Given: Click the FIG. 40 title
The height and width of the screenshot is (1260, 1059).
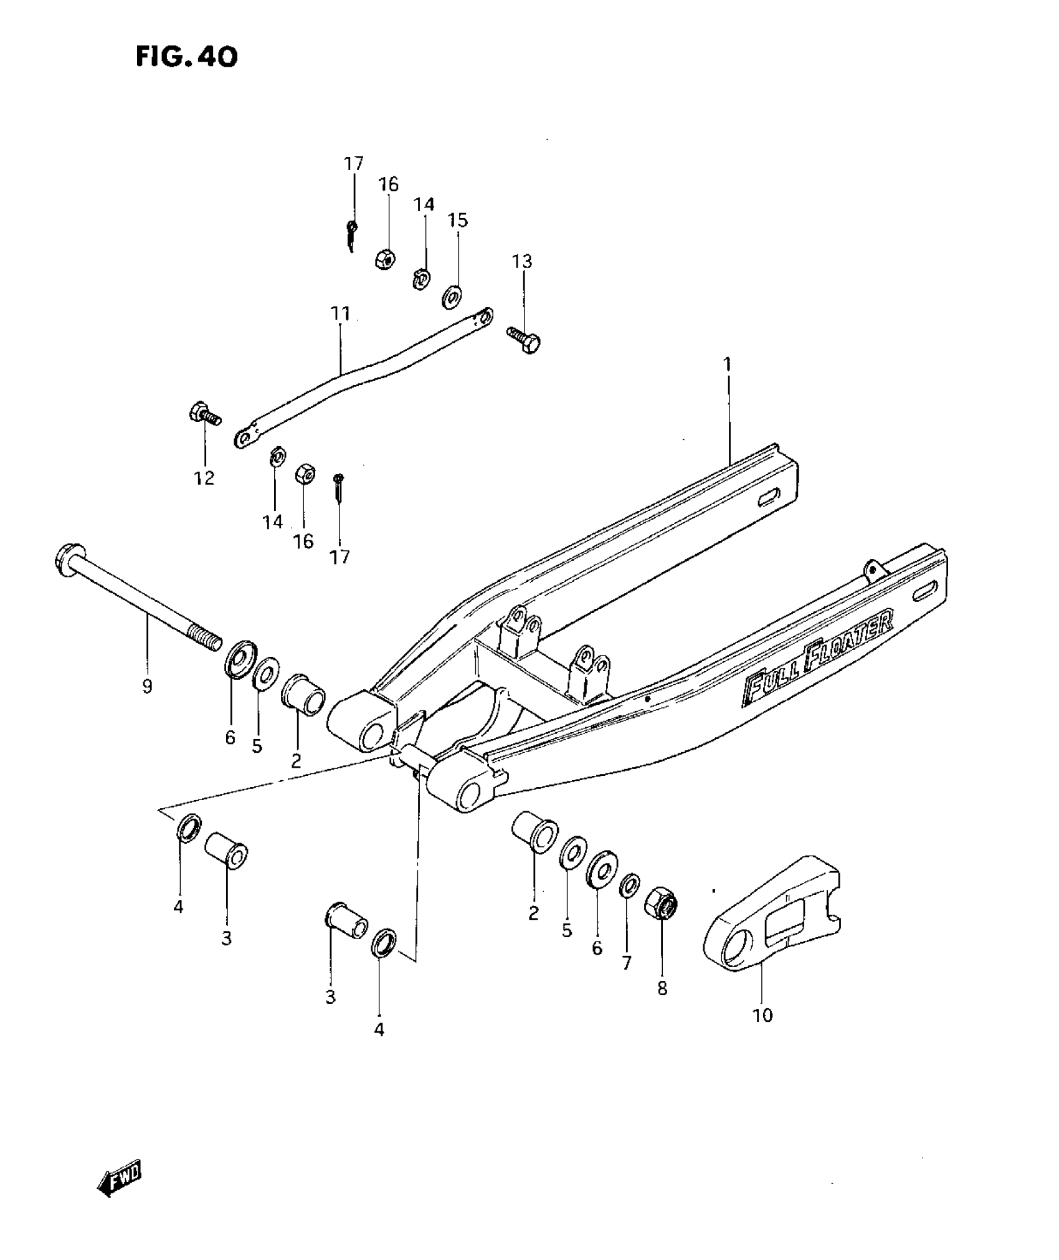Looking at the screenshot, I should (186, 57).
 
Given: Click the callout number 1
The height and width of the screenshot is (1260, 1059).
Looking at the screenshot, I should (726, 364).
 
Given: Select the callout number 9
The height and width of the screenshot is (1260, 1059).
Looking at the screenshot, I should (147, 687).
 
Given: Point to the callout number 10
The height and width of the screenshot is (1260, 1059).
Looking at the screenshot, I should (762, 1015).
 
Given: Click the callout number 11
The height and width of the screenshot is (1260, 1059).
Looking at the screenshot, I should (340, 313).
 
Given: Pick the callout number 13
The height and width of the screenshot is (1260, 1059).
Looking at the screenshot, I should (523, 261).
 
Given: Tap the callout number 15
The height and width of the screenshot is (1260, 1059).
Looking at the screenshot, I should (458, 221).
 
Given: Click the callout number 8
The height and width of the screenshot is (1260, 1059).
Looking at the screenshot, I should (662, 988).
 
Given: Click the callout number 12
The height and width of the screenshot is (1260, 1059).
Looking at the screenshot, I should (204, 478).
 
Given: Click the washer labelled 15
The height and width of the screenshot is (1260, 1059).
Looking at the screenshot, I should (452, 296).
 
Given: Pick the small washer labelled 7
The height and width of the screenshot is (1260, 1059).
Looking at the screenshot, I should (629, 884).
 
